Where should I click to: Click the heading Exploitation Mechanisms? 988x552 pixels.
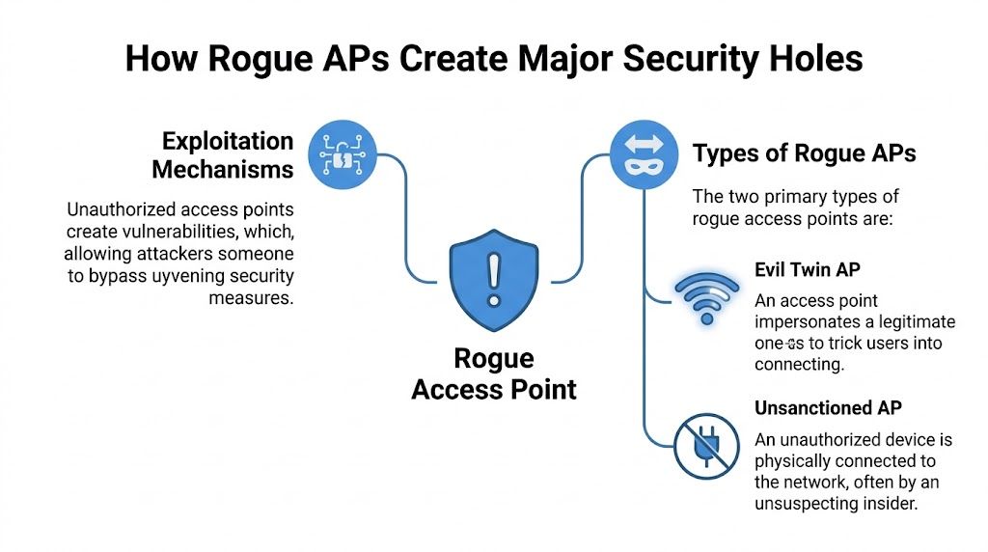click(x=223, y=154)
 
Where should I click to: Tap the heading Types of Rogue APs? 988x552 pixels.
click(x=804, y=152)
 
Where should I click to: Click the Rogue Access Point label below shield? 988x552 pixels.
click(x=493, y=374)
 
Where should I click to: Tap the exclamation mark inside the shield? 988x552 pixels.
click(x=493, y=276)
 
